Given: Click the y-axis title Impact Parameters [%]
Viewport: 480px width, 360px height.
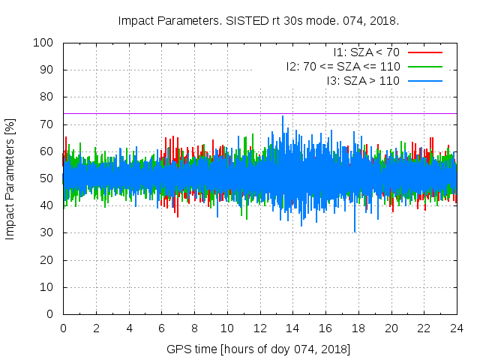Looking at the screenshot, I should tap(10, 178).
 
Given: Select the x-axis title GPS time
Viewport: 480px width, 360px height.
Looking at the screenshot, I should tap(259, 349).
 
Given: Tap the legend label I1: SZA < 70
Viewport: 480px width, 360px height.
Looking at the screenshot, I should tap(367, 52).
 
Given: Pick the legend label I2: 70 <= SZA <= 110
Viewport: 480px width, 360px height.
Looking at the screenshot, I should tap(343, 66).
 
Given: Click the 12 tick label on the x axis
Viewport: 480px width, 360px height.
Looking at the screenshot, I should tap(259, 328).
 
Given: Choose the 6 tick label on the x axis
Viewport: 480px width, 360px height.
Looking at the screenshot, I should tap(161, 328).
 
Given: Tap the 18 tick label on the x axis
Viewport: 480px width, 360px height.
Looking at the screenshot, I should tap(358, 328).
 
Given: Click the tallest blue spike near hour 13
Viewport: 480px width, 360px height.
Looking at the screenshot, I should tap(283, 117).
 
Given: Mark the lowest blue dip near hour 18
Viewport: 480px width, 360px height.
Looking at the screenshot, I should tap(355, 231).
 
